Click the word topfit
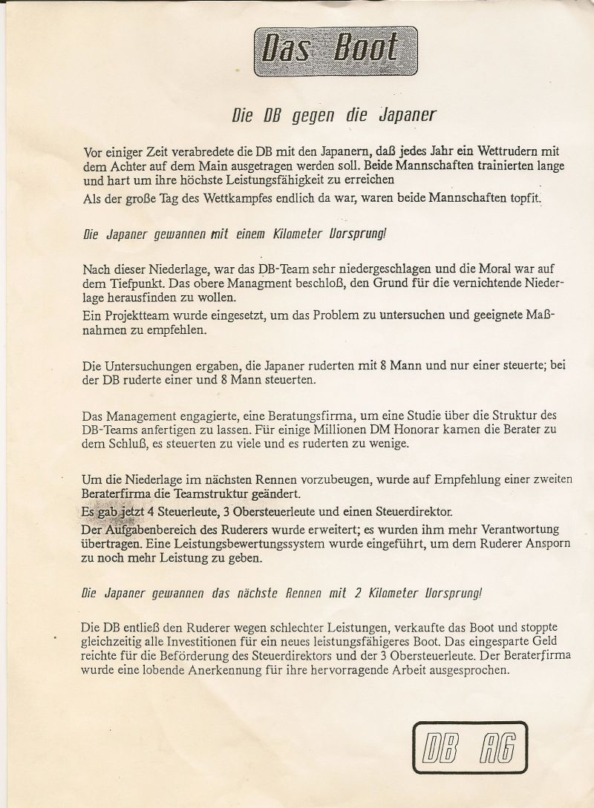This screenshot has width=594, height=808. [521, 199]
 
